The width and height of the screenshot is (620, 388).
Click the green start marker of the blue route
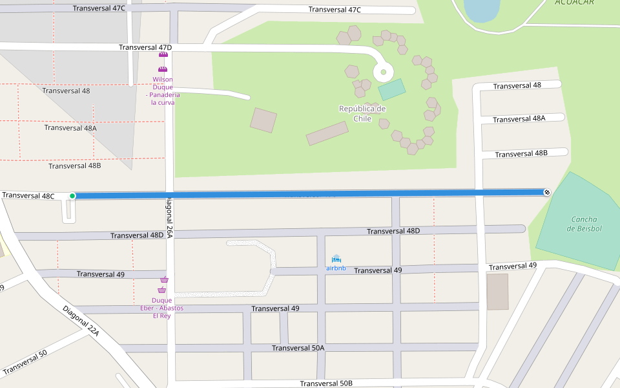point(72,196)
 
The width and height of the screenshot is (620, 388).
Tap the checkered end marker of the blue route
point(547,192)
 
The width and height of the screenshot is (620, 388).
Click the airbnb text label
point(336,268)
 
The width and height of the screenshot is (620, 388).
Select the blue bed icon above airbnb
point(336,259)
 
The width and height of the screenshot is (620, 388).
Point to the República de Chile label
point(362,114)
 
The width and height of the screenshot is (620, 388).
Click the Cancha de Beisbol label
point(584,224)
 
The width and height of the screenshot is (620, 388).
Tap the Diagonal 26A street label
point(170,218)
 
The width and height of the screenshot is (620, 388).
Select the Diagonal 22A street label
point(81,321)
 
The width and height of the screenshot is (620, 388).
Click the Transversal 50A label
point(298,348)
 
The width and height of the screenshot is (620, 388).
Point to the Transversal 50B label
point(326,383)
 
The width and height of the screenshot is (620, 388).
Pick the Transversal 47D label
point(145,48)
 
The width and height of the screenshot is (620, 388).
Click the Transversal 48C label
point(28,195)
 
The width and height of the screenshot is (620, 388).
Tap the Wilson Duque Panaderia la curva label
point(163,91)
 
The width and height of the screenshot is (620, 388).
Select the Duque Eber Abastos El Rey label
point(161,308)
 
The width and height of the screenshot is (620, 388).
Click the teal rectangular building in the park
point(391,89)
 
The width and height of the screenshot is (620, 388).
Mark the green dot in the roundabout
point(383,72)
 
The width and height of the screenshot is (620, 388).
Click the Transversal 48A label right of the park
point(519,119)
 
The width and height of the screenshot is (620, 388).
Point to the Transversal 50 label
point(25,362)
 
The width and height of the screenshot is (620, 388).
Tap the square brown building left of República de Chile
point(263,120)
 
